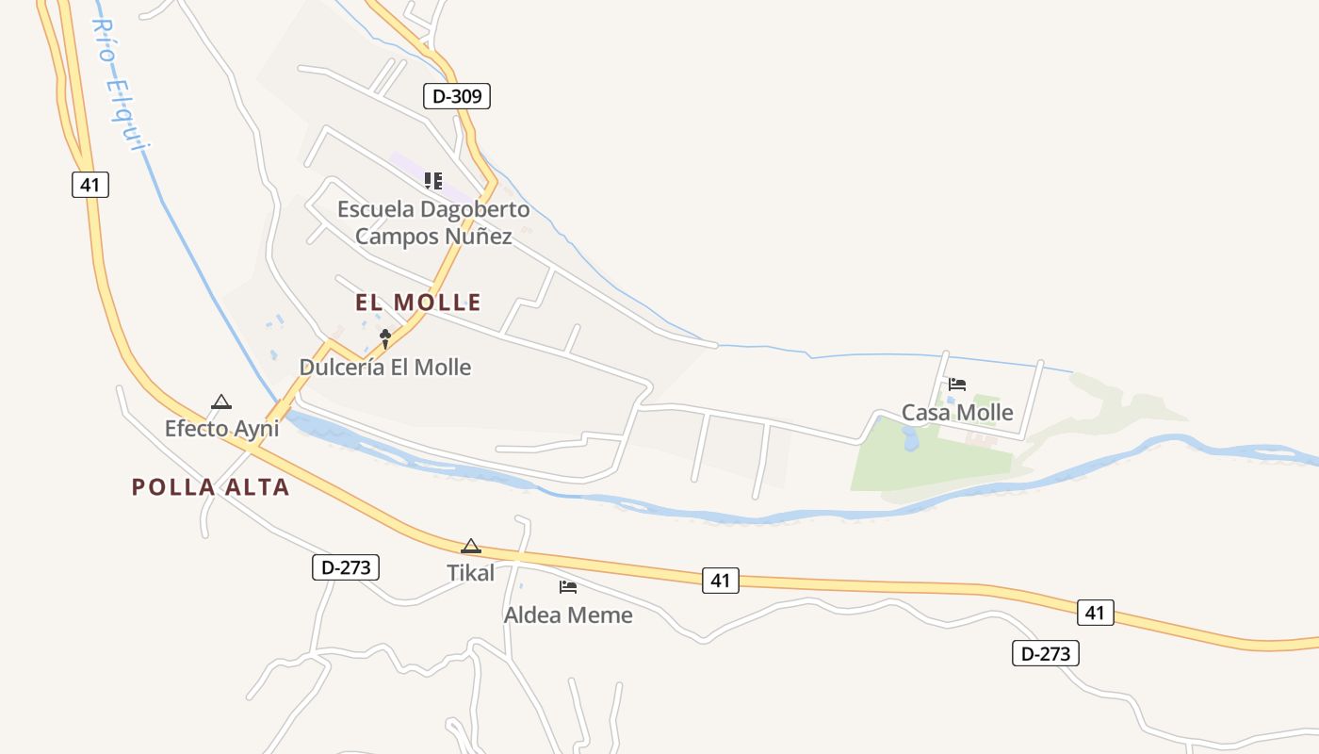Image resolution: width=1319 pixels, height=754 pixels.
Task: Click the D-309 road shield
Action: pos(457,95)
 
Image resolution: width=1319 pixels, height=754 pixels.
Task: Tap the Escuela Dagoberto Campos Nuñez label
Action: pos(433,222)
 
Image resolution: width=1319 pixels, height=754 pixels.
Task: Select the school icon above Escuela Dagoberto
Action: pos(432,180)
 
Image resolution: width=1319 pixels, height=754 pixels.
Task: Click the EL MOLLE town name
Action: pos(418,303)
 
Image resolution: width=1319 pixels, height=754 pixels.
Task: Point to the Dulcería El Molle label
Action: pos(385,367)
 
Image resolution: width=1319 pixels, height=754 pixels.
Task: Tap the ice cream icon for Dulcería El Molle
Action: pos(385,338)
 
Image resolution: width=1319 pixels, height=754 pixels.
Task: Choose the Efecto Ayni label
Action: pos(222,429)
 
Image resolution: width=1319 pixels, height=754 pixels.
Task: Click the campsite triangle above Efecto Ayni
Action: pos(221,402)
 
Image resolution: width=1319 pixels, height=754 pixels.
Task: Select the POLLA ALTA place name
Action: pos(210,487)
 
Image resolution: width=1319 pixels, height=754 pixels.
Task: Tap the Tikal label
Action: pos(470,572)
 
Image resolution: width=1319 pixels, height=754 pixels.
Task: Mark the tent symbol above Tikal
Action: pos(471,546)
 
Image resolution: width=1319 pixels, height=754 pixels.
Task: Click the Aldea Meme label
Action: pos(568,615)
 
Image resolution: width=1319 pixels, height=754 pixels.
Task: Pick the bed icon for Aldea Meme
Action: pos(568,587)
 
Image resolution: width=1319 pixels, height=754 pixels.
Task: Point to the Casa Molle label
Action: pos(957,413)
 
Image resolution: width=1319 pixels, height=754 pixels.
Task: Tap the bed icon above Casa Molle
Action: pos(957,385)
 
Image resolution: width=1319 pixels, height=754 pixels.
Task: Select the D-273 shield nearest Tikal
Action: pos(346,567)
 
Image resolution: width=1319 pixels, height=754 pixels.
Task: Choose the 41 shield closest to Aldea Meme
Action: pos(721,582)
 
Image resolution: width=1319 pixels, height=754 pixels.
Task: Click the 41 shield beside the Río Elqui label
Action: pos(90,184)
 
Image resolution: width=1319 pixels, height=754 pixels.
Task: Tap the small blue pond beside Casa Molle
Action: pos(910,438)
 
